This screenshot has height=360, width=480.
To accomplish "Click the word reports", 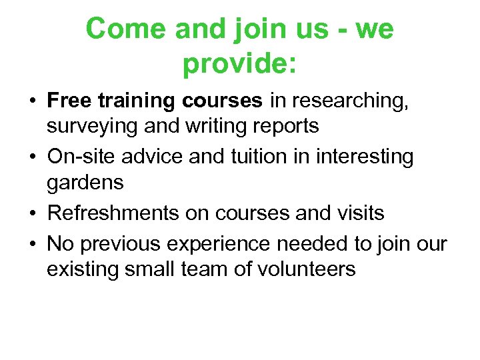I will tap(285, 125).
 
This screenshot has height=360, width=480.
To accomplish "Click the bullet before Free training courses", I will tap(32, 101).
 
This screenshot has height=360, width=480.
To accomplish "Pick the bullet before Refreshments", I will tap(32, 213).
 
